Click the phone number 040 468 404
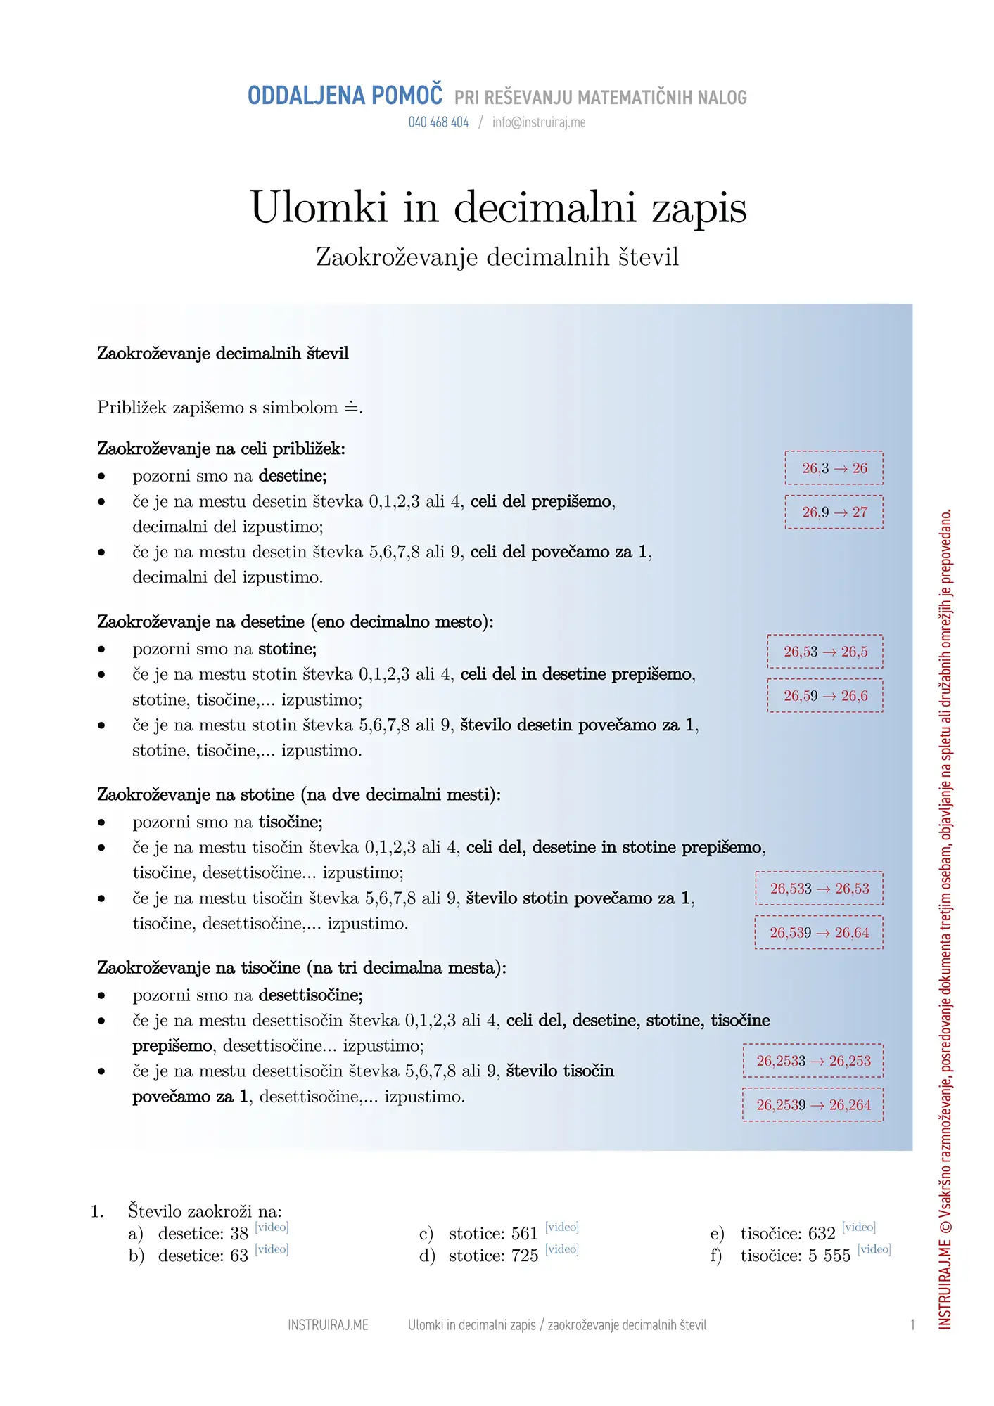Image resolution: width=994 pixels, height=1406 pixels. [438, 122]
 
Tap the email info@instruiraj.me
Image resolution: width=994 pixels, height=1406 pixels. [539, 122]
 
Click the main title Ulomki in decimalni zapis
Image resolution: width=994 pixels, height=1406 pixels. [498, 207]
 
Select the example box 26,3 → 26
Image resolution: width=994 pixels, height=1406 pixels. [834, 468]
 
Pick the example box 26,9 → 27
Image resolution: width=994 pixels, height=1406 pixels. [834, 512]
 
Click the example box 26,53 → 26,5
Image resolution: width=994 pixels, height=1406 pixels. [824, 652]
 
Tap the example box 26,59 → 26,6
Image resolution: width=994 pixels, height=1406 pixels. [824, 696]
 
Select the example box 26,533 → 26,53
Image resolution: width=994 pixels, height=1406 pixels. [819, 889]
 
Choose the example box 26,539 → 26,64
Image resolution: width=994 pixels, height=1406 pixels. [819, 933]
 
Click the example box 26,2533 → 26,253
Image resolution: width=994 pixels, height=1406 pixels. [813, 1061]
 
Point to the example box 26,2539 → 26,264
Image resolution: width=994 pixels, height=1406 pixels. [813, 1105]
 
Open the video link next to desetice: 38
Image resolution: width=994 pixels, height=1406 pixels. [272, 1227]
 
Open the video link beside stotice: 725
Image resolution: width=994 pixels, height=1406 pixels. [562, 1249]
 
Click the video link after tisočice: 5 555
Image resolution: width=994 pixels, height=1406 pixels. [874, 1249]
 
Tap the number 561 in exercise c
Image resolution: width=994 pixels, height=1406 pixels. [525, 1234]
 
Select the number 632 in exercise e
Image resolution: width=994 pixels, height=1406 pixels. [822, 1234]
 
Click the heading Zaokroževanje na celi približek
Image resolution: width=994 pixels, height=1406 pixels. [221, 449]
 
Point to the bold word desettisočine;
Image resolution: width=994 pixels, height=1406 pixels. [310, 995]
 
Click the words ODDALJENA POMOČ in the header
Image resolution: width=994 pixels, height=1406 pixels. [345, 96]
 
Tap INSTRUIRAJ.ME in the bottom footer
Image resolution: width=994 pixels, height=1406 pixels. [328, 1325]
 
